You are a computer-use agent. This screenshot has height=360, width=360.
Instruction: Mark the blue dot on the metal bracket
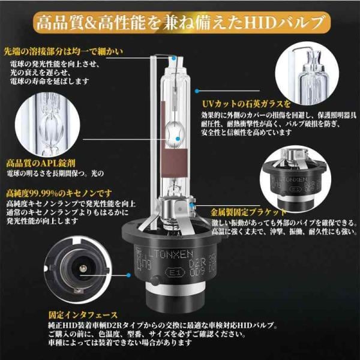point(191,205)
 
